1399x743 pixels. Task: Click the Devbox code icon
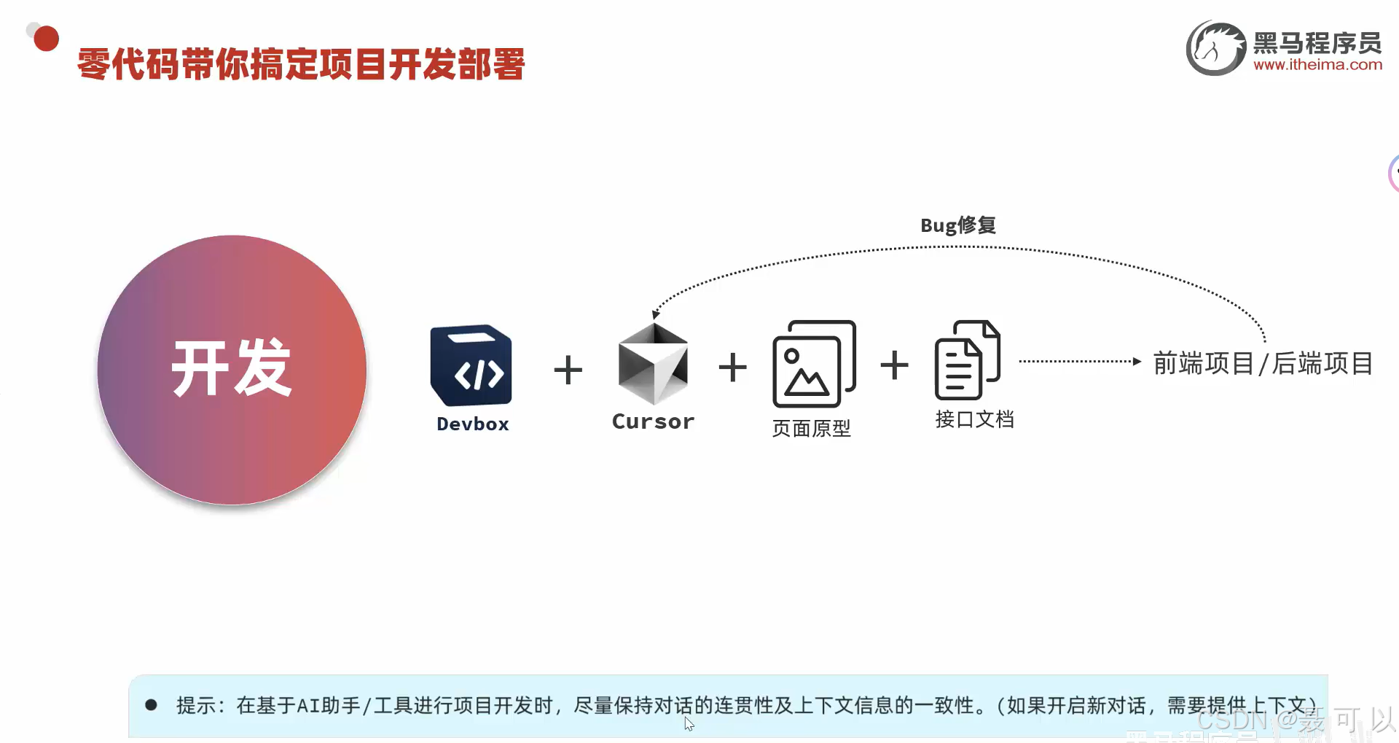471,365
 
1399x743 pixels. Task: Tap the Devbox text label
472,424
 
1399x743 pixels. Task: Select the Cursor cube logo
653,364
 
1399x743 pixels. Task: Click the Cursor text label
653,421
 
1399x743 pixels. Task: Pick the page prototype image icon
813,364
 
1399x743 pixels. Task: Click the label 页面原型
811,428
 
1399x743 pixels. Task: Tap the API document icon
967,360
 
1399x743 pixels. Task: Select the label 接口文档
974,419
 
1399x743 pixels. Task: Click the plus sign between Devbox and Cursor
568,370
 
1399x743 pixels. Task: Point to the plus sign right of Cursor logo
732,367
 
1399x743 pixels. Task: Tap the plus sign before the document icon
894,365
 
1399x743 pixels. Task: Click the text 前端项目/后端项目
1263,363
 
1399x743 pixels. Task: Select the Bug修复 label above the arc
957,225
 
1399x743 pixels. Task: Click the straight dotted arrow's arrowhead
1137,361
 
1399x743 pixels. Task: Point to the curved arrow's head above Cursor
656,314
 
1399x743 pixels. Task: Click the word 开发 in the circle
232,368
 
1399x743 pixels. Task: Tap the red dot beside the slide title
46,39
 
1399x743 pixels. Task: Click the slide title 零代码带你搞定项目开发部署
301,64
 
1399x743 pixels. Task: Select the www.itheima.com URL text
1317,64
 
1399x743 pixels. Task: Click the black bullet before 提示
152,704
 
